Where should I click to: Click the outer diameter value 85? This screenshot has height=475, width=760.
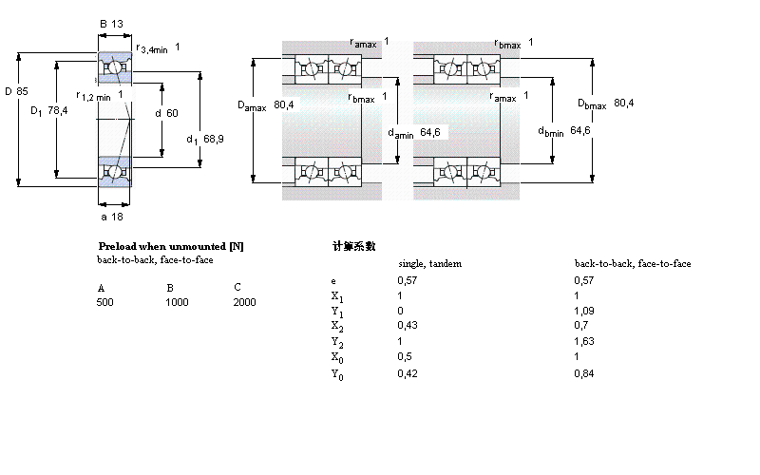[x=22, y=91]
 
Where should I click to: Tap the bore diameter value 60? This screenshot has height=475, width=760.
[x=172, y=113]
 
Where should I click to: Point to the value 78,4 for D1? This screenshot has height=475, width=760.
[x=59, y=110]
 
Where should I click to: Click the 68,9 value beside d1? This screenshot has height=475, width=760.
[x=213, y=139]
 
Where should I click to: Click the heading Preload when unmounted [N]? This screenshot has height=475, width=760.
[x=171, y=246]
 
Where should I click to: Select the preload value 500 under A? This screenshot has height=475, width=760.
[x=105, y=302]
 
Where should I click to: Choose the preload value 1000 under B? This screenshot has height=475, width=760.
[x=178, y=302]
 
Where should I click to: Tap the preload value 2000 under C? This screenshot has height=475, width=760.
[x=244, y=302]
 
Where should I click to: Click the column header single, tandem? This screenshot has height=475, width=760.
[x=429, y=263]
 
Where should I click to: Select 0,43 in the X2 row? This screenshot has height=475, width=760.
[x=406, y=326]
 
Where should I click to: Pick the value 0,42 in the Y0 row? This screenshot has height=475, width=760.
[x=406, y=372]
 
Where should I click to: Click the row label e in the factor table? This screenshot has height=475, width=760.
[x=332, y=281]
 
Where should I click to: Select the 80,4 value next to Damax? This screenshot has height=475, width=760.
[x=283, y=104]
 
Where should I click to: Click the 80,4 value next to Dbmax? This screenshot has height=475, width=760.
[x=623, y=102]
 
